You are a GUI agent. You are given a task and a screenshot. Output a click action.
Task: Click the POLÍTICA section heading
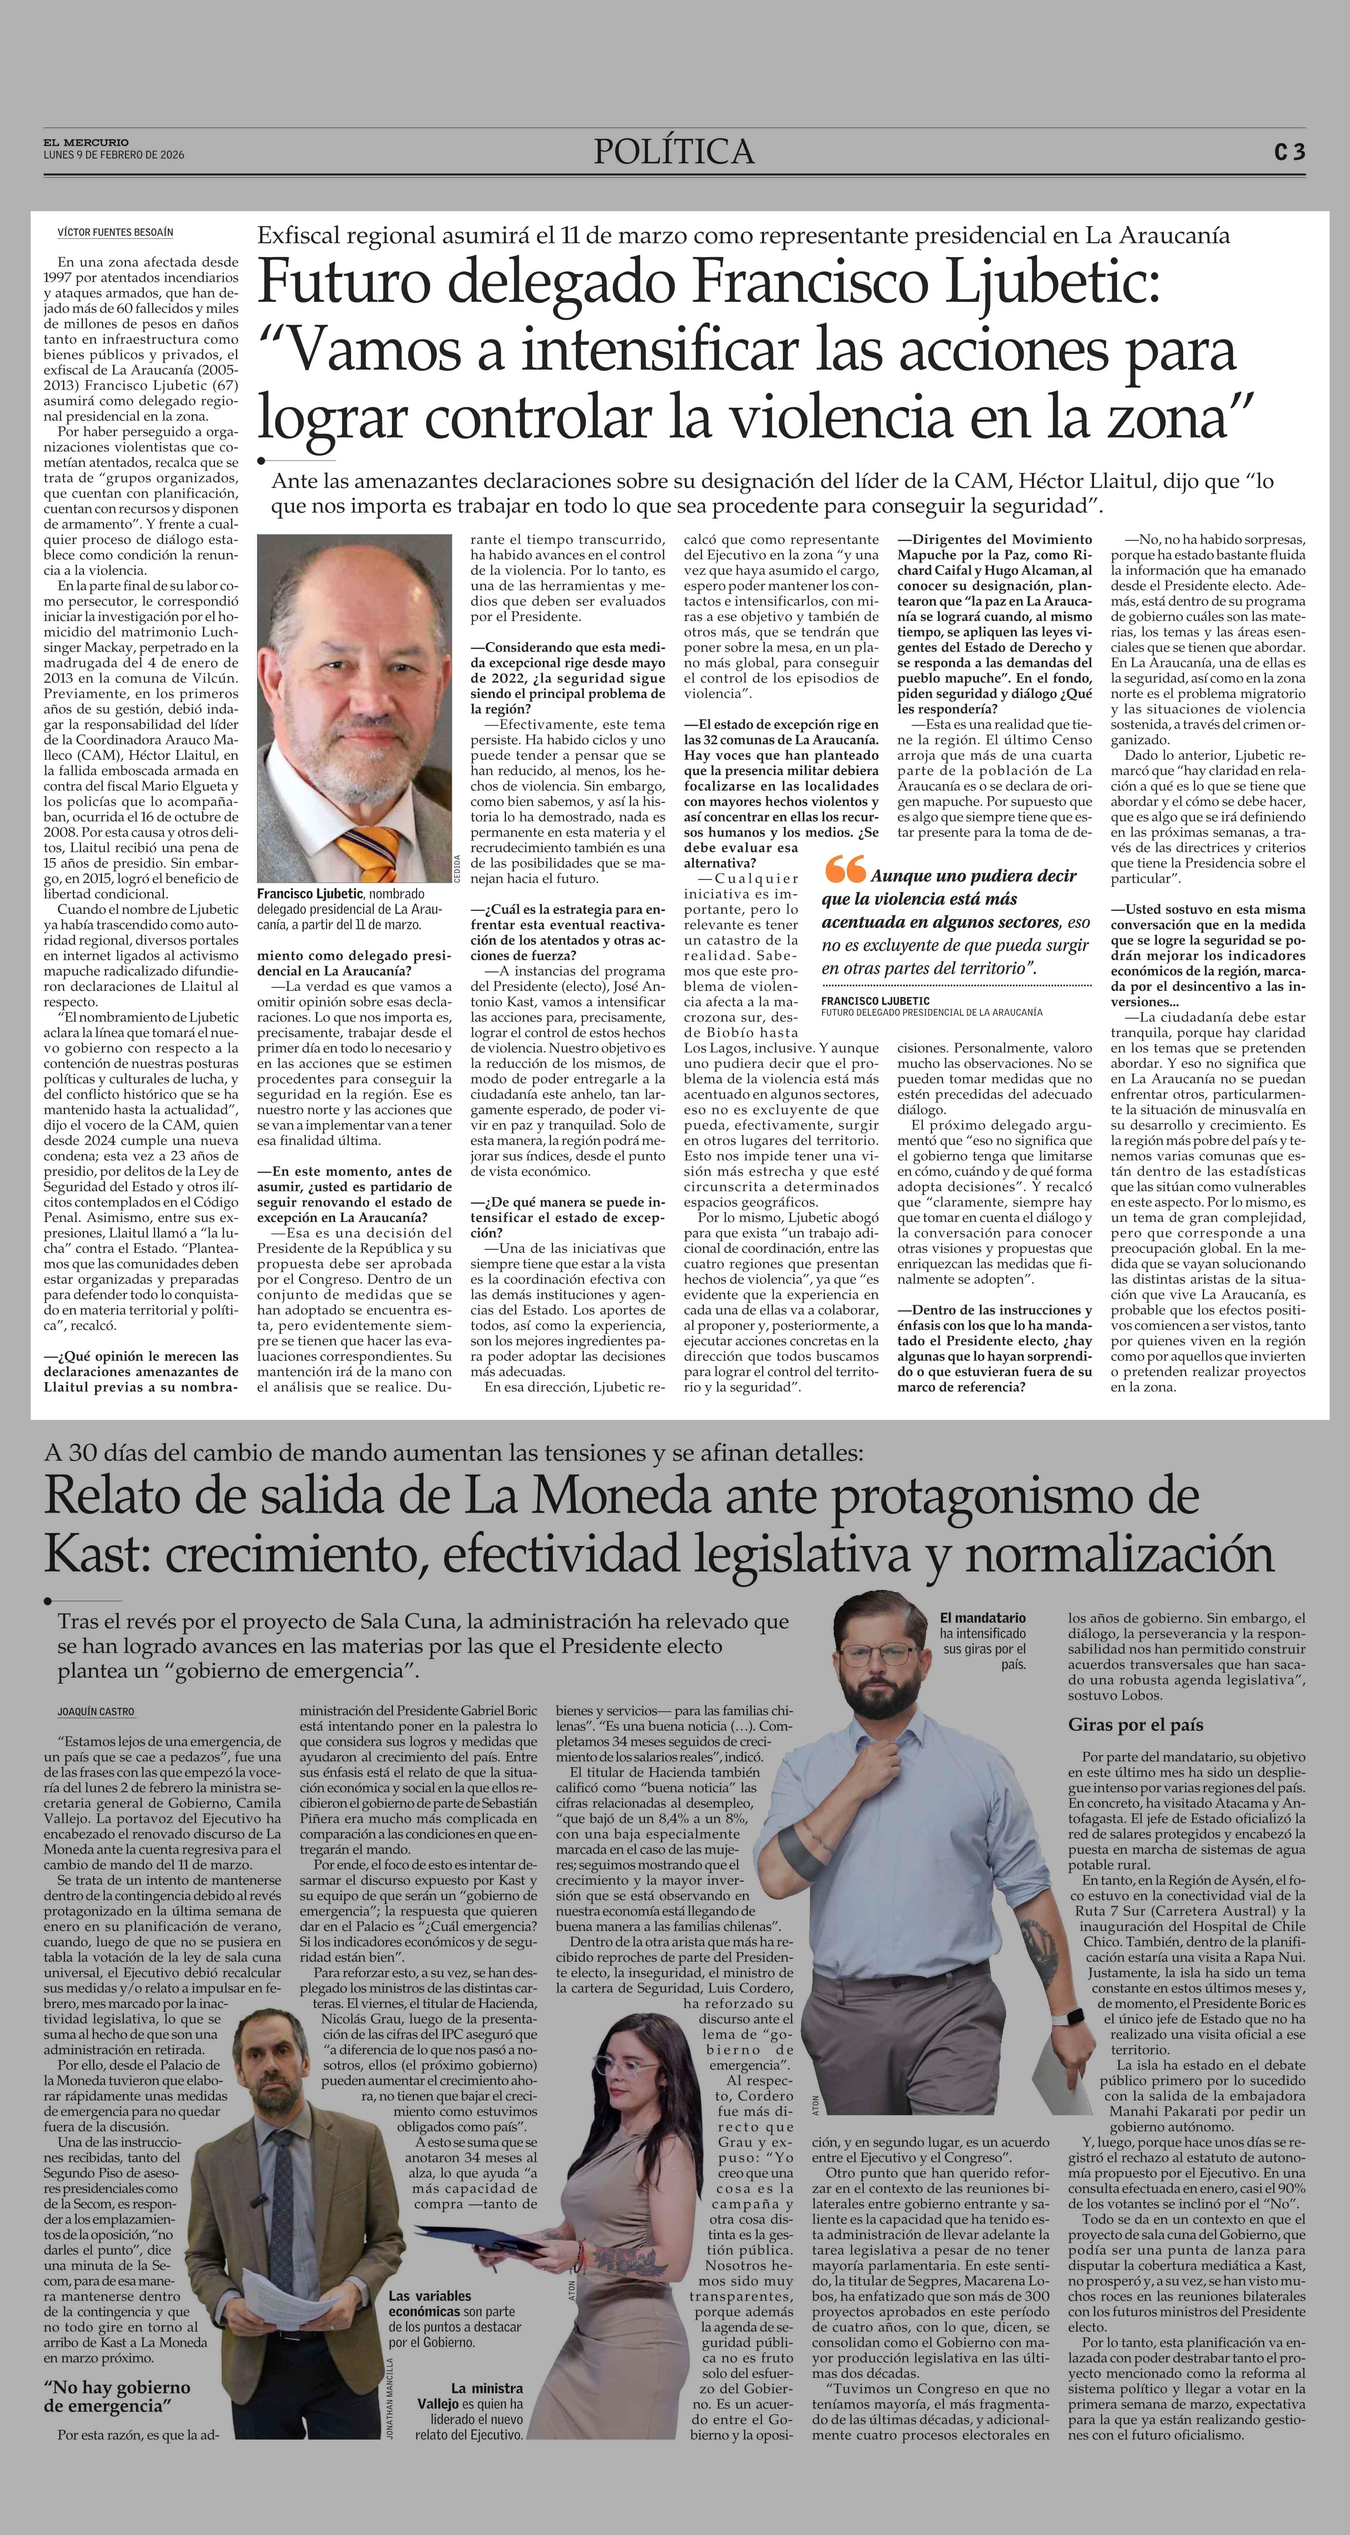674,152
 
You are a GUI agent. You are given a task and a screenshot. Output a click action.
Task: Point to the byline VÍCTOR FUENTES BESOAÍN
115,232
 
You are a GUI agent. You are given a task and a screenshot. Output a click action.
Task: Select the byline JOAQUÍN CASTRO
95,1711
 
